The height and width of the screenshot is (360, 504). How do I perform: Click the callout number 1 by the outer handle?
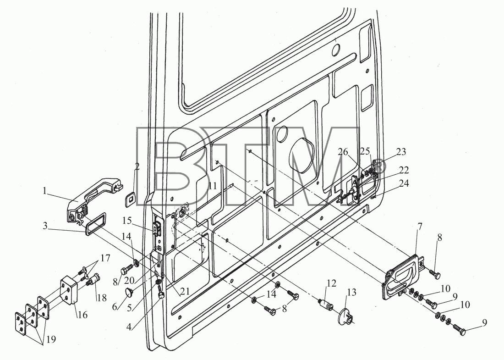pyautogui.click(x=44, y=191)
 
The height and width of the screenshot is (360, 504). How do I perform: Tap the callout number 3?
pyautogui.click(x=45, y=226)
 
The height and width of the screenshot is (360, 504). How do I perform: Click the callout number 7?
pyautogui.click(x=419, y=227)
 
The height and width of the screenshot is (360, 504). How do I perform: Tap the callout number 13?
pyautogui.click(x=351, y=292)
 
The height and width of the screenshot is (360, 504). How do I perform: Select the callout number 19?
pyautogui.click(x=51, y=339)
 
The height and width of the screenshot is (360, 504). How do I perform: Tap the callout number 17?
pyautogui.click(x=105, y=258)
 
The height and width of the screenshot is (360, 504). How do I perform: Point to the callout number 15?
pyautogui.click(x=127, y=221)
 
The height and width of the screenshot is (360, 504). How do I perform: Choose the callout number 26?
pyautogui.click(x=343, y=151)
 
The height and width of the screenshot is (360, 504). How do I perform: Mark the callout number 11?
pyautogui.click(x=213, y=186)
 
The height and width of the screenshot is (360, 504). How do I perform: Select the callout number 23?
pyautogui.click(x=401, y=151)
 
